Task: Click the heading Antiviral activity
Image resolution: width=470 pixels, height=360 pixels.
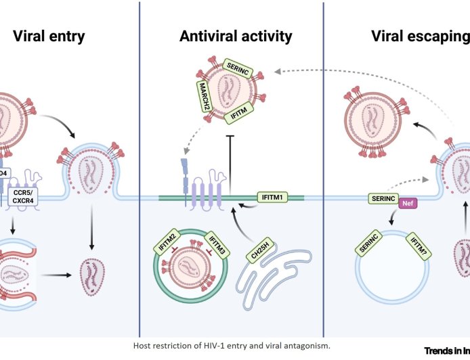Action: [x=236, y=36]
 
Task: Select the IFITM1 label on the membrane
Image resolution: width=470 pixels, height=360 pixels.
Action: [x=274, y=198]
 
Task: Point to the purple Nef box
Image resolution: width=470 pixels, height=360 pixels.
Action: [x=408, y=201]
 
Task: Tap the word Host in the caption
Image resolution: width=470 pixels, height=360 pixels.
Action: [x=144, y=346]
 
